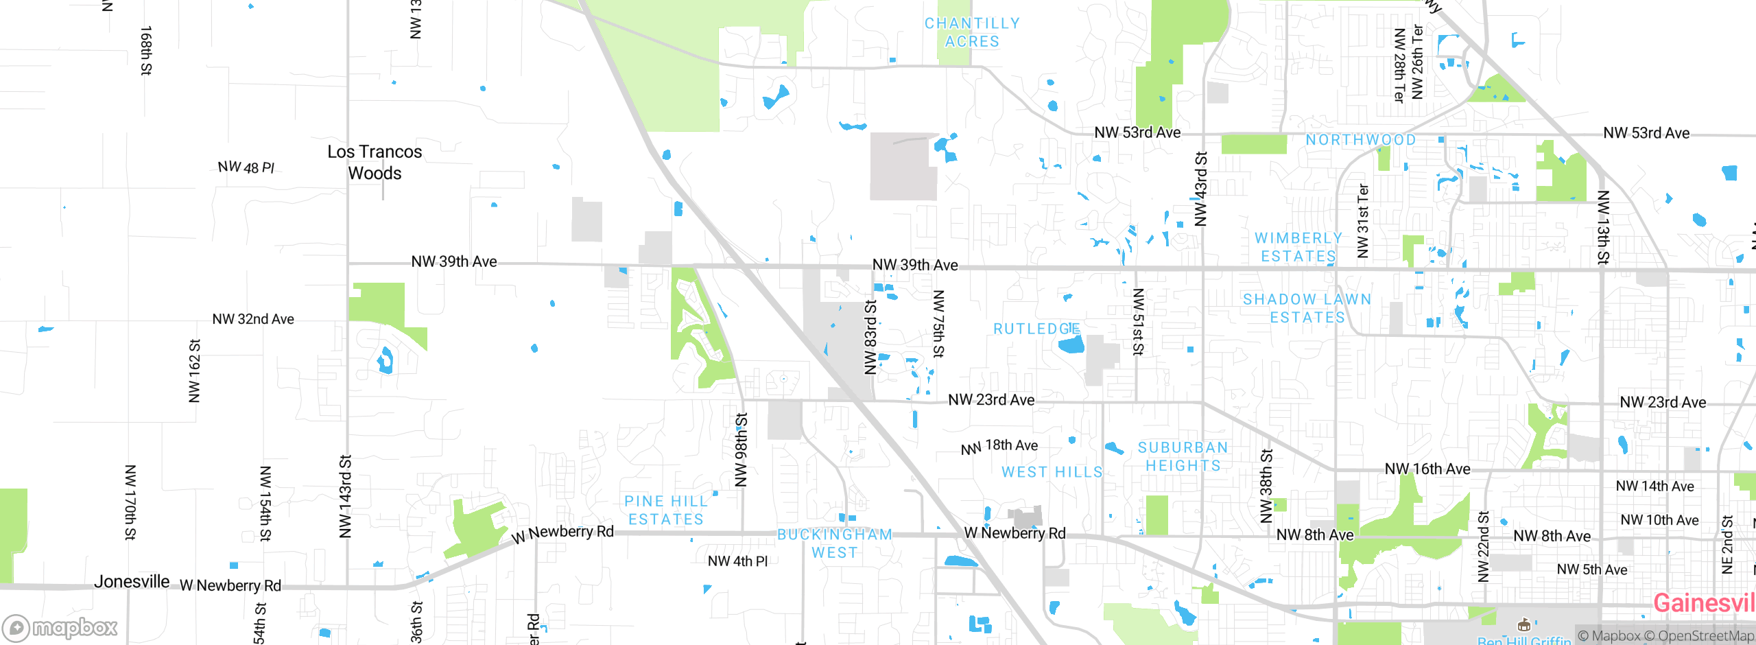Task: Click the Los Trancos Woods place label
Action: coord(375,162)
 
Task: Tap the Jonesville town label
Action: coord(132,582)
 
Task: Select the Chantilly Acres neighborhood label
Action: coord(971,32)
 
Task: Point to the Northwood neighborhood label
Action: coord(1360,140)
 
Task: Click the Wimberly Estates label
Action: coord(1298,247)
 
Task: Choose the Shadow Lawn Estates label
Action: coord(1307,308)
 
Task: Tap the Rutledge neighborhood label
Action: coord(1036,329)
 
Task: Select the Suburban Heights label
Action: coord(1183,456)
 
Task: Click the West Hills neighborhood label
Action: coord(1052,472)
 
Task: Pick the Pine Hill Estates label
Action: coord(665,511)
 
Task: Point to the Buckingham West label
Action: coord(834,543)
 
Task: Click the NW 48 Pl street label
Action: coord(246,167)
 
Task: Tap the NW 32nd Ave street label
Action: coord(252,319)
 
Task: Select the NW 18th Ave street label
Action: coord(999,447)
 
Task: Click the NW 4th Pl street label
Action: coord(737,561)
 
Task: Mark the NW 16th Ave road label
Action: coord(1427,469)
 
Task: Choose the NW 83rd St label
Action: coord(870,337)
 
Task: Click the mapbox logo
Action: coord(60,627)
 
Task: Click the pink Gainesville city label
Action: coord(1703,603)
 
